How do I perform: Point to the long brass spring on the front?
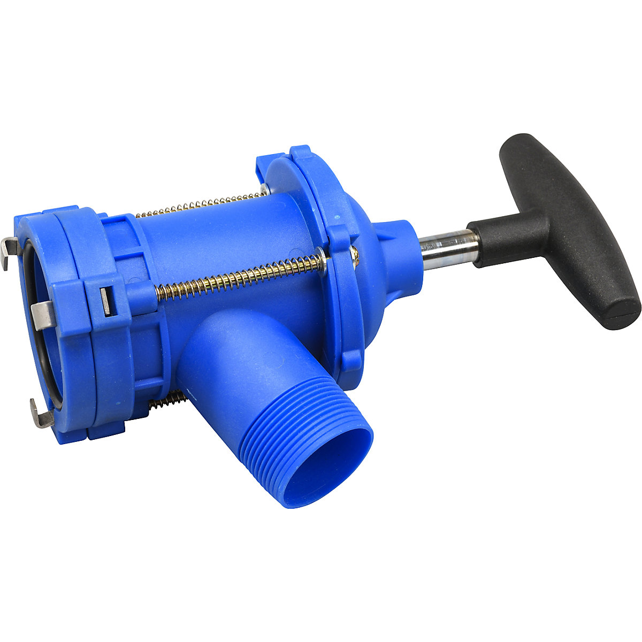(241, 278)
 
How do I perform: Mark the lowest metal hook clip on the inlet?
(41, 414)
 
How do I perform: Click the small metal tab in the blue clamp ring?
(105, 300)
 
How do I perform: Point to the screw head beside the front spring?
(354, 256)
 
